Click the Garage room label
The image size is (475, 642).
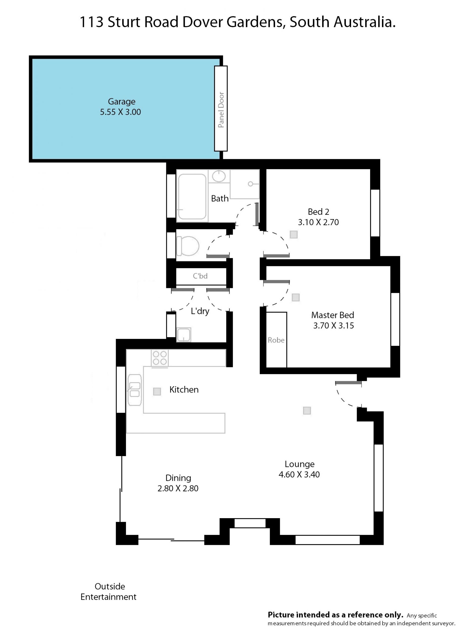[x=122, y=101]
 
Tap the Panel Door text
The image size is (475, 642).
[x=221, y=110]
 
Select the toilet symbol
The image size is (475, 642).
[x=188, y=246]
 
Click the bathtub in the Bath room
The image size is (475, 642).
[x=192, y=197]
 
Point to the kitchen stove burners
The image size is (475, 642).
[x=160, y=358]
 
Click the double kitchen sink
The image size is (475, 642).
[x=135, y=390]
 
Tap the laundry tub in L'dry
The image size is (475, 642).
[x=184, y=335]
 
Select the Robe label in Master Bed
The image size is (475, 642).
[x=276, y=340]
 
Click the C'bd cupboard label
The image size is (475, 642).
[x=200, y=276]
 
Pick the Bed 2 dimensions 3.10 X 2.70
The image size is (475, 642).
[x=318, y=222]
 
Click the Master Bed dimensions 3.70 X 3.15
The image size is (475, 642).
[x=333, y=326]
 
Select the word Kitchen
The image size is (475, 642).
[x=184, y=390]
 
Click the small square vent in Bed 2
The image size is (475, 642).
[x=294, y=235]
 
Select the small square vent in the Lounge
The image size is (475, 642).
[x=307, y=411]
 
